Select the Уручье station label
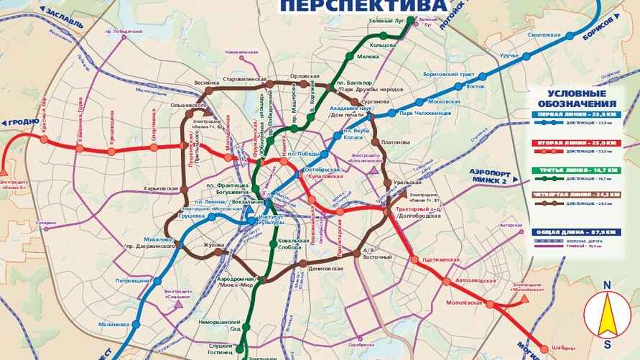coord(510,55)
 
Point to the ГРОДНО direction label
coord(24,122)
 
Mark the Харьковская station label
coord(160,188)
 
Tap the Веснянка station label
coord(207,83)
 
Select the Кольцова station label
coord(383,45)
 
